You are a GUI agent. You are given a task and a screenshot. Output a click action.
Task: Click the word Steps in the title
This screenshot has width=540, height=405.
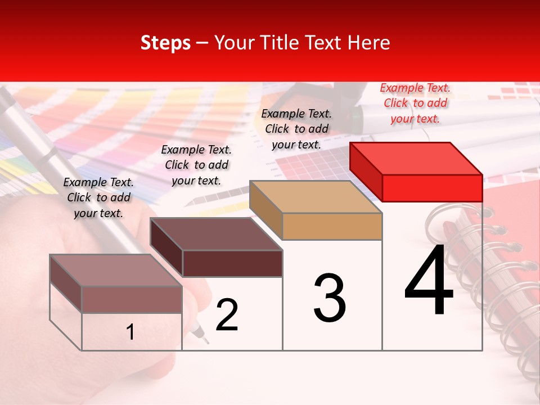coord(165,43)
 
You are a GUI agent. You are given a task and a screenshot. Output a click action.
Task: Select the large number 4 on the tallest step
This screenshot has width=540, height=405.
coord(429,281)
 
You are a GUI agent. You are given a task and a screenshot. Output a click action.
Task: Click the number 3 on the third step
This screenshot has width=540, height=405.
coord(330,298)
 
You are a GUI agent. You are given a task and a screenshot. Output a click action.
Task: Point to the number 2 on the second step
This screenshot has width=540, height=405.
coord(227,315)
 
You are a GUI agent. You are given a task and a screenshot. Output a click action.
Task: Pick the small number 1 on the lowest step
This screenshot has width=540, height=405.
coord(130,332)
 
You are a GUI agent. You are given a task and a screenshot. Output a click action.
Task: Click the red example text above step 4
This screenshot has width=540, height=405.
coord(415,103)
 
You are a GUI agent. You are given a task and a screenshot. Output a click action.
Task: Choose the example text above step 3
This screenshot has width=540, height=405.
coord(296,129)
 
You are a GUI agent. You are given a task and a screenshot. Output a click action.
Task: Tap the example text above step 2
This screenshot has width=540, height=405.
coord(196,165)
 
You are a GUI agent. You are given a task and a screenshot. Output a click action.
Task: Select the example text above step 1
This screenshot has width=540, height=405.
coord(98,197)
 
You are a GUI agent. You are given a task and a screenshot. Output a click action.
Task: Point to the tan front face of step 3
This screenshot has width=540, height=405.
coord(332,227)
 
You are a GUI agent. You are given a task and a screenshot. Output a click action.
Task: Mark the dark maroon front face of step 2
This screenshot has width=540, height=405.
coord(232,263)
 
